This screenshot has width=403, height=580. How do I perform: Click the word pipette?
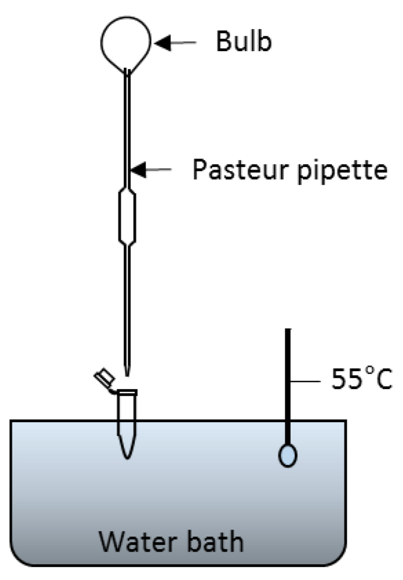coord(342,171)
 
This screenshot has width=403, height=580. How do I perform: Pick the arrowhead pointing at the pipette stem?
coord(139,170)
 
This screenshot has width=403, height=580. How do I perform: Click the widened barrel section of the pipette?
coord(127,217)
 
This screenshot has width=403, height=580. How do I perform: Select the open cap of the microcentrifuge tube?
coord(105,378)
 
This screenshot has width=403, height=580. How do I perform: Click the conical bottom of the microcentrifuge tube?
coord(127,447)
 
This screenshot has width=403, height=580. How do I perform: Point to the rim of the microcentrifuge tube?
coord(127,392)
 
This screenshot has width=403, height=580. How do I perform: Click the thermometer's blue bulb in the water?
coord(288,455)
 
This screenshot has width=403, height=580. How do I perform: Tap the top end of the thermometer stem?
coord(288,329)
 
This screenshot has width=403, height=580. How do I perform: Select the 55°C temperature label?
coord(362,379)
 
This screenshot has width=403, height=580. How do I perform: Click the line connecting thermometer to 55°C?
coord(305,381)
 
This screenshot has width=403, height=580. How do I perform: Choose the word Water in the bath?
coord(137,541)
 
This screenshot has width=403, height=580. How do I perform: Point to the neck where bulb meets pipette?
coord(127,72)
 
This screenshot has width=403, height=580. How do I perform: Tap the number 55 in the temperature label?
coord(345,379)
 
